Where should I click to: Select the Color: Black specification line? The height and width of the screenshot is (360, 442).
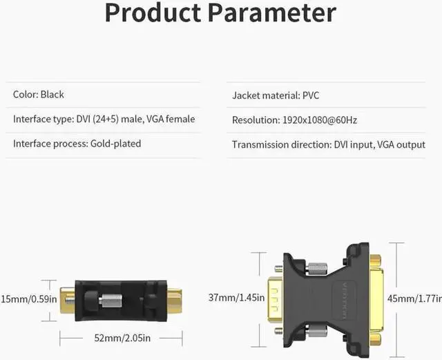39,94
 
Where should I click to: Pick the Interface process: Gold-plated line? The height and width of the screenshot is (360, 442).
77,144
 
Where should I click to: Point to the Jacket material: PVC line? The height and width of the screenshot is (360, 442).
276,95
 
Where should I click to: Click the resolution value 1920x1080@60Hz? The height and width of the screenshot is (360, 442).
318,120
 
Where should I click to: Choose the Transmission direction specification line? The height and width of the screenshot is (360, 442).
328,144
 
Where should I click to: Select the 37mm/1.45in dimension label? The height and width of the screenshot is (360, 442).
235,298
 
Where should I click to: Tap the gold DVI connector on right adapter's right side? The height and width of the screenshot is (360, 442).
376,299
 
